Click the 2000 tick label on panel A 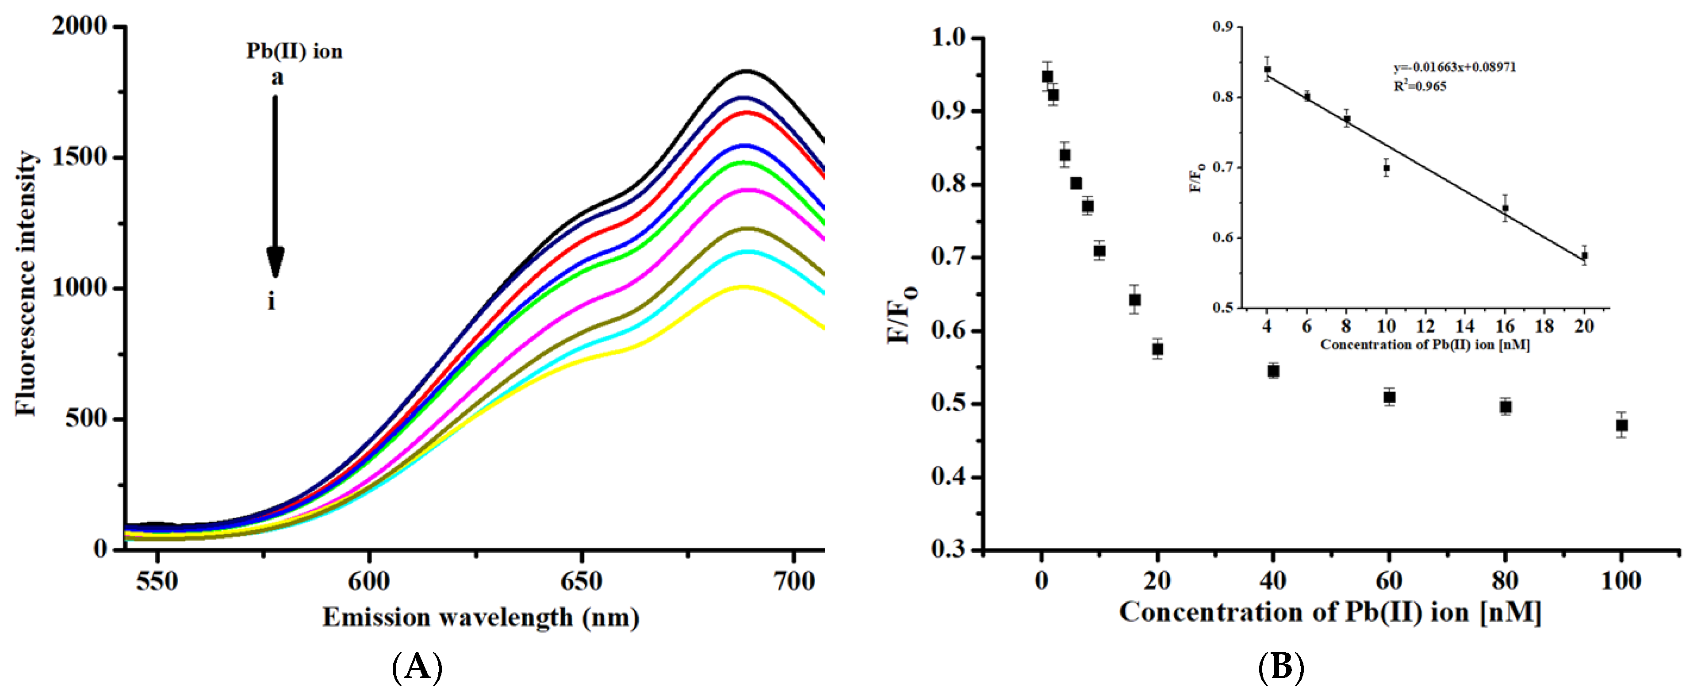[79, 27]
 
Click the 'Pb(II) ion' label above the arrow [295, 51]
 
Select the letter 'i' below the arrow [272, 302]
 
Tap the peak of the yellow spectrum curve [744, 287]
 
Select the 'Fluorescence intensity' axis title [27, 283]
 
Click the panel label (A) [417, 667]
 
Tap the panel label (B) [1281, 667]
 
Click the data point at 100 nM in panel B [1621, 425]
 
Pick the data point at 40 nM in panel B [1273, 371]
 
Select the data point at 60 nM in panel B [1389, 397]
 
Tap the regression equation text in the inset [1454, 67]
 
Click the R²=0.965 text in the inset [1420, 86]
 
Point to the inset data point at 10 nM [1386, 168]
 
